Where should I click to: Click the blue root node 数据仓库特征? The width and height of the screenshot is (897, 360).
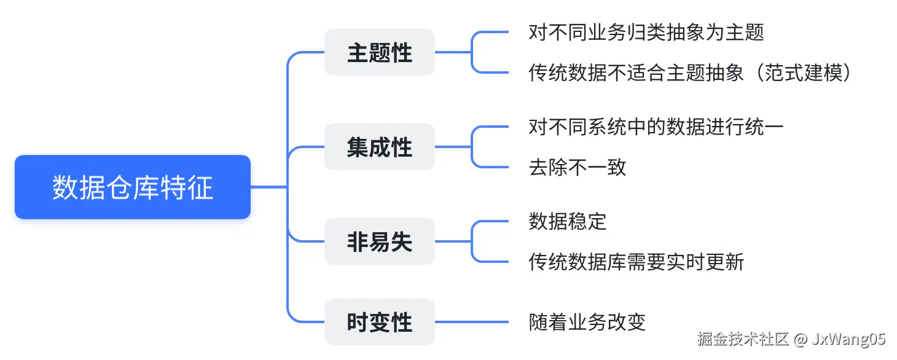click(x=133, y=187)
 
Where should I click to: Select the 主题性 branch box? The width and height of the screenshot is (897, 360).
click(x=380, y=53)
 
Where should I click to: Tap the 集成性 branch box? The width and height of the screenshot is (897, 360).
click(x=380, y=147)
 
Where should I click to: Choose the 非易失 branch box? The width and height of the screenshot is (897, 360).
click(x=380, y=242)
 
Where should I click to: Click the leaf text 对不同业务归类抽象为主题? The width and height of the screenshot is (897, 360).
click(x=646, y=32)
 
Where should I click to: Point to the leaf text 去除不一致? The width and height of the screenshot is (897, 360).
click(x=577, y=167)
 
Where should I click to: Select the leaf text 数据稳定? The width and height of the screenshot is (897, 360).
click(x=567, y=221)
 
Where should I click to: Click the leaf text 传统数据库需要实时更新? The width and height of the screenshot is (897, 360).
click(x=636, y=262)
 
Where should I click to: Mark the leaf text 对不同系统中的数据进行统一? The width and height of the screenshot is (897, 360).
click(x=656, y=127)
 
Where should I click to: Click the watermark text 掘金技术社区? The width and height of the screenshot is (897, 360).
click(x=742, y=339)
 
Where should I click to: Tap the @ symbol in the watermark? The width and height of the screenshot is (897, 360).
click(x=800, y=339)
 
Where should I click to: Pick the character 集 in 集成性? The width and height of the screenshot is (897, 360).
click(x=358, y=147)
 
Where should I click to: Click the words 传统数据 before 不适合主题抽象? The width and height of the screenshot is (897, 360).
click(x=567, y=72)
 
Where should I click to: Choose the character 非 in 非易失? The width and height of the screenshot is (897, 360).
click(x=358, y=242)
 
